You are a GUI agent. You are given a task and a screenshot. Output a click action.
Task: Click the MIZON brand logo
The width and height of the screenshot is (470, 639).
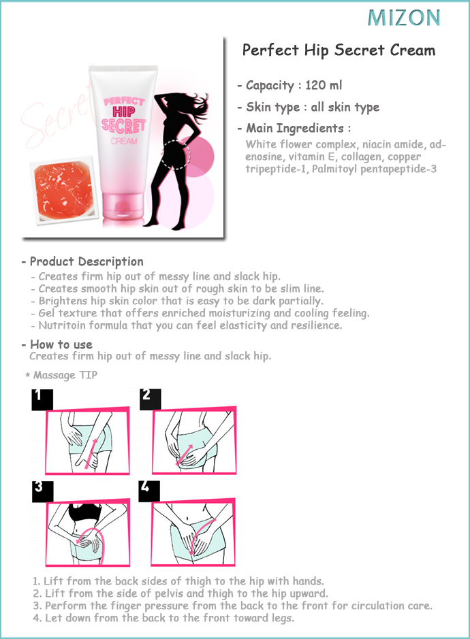[x=404, y=18]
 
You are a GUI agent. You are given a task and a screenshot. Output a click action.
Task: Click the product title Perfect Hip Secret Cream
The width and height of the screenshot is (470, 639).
[x=339, y=50]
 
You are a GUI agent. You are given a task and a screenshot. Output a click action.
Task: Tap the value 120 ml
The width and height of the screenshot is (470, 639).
[x=324, y=85]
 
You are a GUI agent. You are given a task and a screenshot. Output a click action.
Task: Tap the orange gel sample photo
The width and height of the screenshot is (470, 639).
[x=63, y=189]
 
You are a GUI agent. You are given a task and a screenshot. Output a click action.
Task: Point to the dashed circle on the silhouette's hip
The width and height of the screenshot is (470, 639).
[x=175, y=154]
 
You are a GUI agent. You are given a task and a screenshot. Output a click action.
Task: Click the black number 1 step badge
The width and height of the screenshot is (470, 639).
[x=42, y=399]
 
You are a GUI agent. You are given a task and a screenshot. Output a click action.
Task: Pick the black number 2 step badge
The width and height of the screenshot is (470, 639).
[x=150, y=399]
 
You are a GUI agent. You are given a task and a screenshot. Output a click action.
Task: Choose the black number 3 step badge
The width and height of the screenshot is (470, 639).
[x=42, y=491]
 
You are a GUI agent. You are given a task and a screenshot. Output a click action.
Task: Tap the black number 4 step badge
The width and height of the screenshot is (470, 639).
[x=149, y=491]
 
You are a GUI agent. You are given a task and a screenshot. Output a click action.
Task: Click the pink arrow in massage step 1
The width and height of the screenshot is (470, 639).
[x=91, y=454]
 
